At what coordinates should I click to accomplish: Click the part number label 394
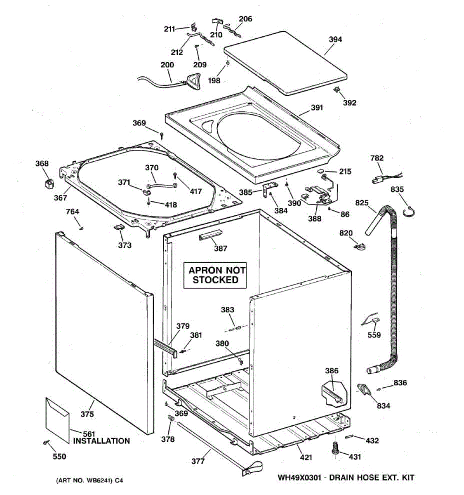coord(335,40)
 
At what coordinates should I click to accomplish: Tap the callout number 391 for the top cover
coord(317,108)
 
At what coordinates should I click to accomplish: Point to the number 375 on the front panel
coord(87,414)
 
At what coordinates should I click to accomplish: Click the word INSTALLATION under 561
coord(101,441)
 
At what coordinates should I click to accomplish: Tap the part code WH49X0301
coord(299,478)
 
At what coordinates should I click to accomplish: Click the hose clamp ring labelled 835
coord(408,211)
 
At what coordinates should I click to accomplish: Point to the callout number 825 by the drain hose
coord(362,203)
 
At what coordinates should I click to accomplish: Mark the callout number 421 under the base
coord(306,457)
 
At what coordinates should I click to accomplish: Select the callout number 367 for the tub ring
coord(60,198)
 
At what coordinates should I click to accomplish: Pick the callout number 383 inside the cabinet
coord(227,310)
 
